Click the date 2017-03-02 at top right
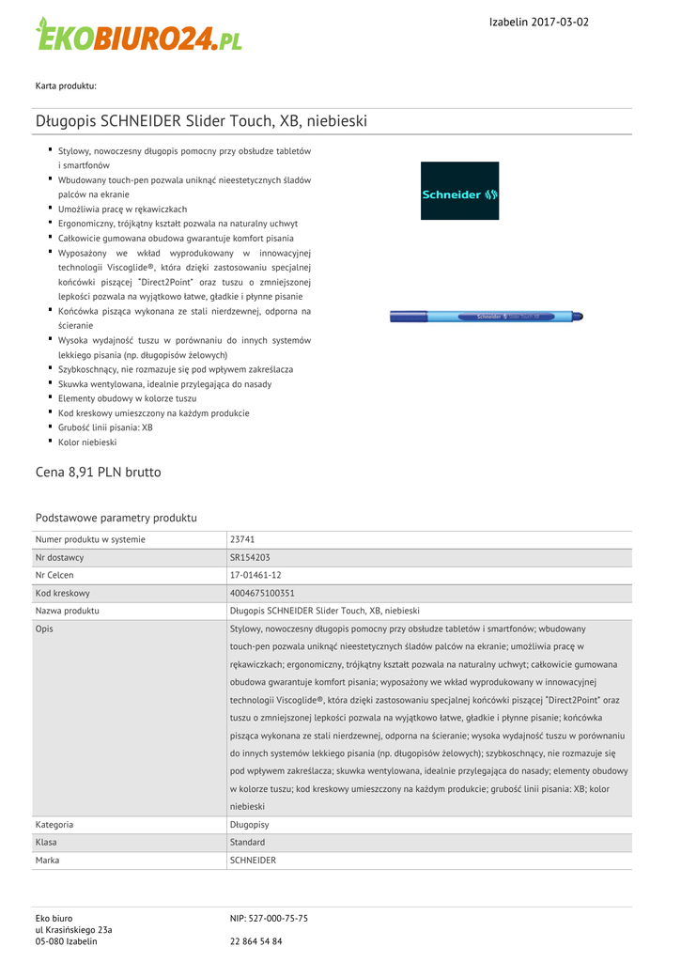558,22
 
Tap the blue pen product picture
488,317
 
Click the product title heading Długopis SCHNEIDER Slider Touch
201,121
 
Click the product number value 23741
242,539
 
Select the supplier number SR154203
250,557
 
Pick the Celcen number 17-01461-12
255,575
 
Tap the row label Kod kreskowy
63,593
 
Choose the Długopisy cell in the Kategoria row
250,825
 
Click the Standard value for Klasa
247,843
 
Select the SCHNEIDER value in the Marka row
253,861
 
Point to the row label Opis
44,628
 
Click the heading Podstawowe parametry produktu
116,518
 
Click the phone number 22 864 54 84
255,941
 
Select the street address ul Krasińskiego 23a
73,930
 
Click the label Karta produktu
66,86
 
